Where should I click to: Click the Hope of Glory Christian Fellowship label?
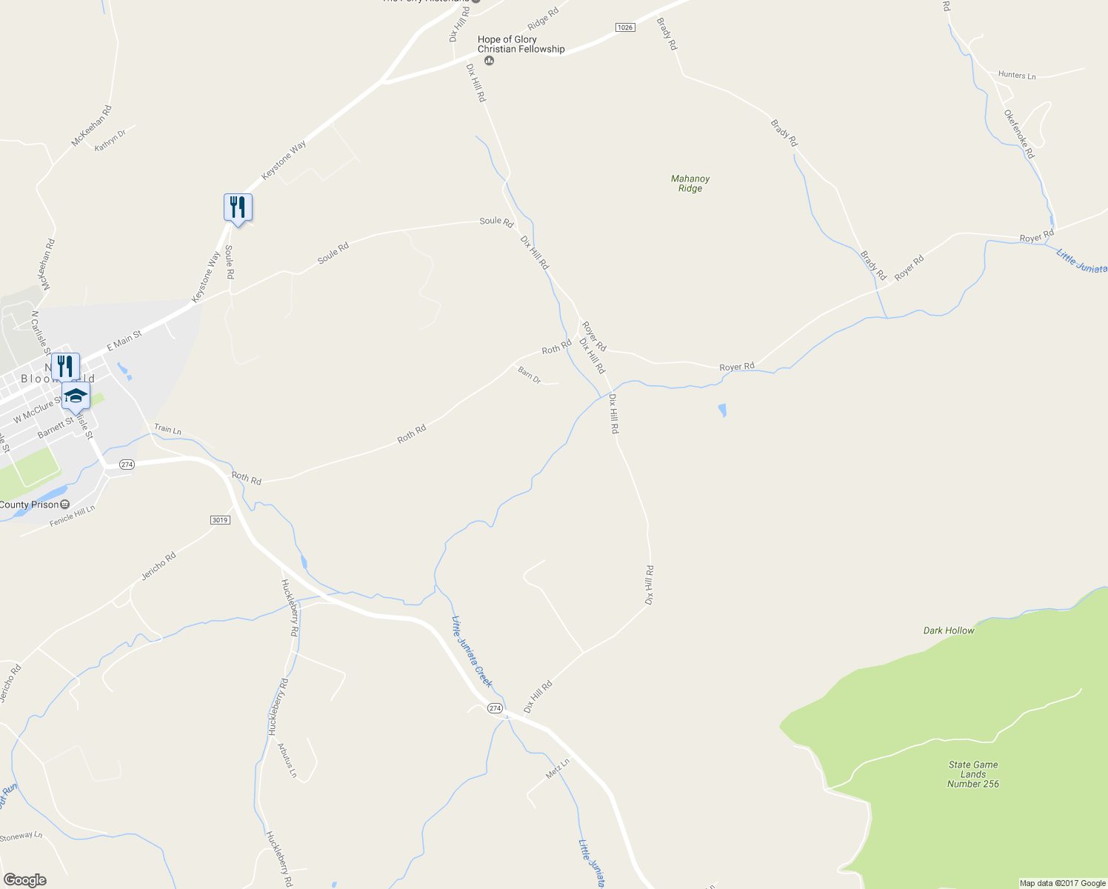click(x=521, y=44)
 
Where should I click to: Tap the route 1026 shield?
click(x=625, y=27)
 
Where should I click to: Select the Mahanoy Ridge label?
click(x=690, y=183)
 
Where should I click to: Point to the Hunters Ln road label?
click(x=1017, y=75)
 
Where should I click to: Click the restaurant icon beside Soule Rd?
click(x=238, y=207)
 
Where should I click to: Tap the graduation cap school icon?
click(x=76, y=396)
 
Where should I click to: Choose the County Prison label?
click(x=30, y=505)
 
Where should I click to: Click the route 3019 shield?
click(x=220, y=520)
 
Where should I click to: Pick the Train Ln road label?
click(x=167, y=429)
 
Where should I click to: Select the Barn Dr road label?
click(x=530, y=375)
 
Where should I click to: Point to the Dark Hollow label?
click(x=949, y=630)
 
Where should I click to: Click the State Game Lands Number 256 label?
click(x=973, y=774)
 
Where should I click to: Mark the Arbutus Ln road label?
click(x=287, y=760)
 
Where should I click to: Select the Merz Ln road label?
click(x=558, y=768)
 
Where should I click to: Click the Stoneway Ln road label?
click(x=21, y=836)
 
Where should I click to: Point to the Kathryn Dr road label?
click(x=111, y=139)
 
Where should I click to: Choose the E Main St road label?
click(x=124, y=341)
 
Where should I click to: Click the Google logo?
click(x=25, y=879)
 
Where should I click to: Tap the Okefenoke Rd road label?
click(x=1019, y=134)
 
